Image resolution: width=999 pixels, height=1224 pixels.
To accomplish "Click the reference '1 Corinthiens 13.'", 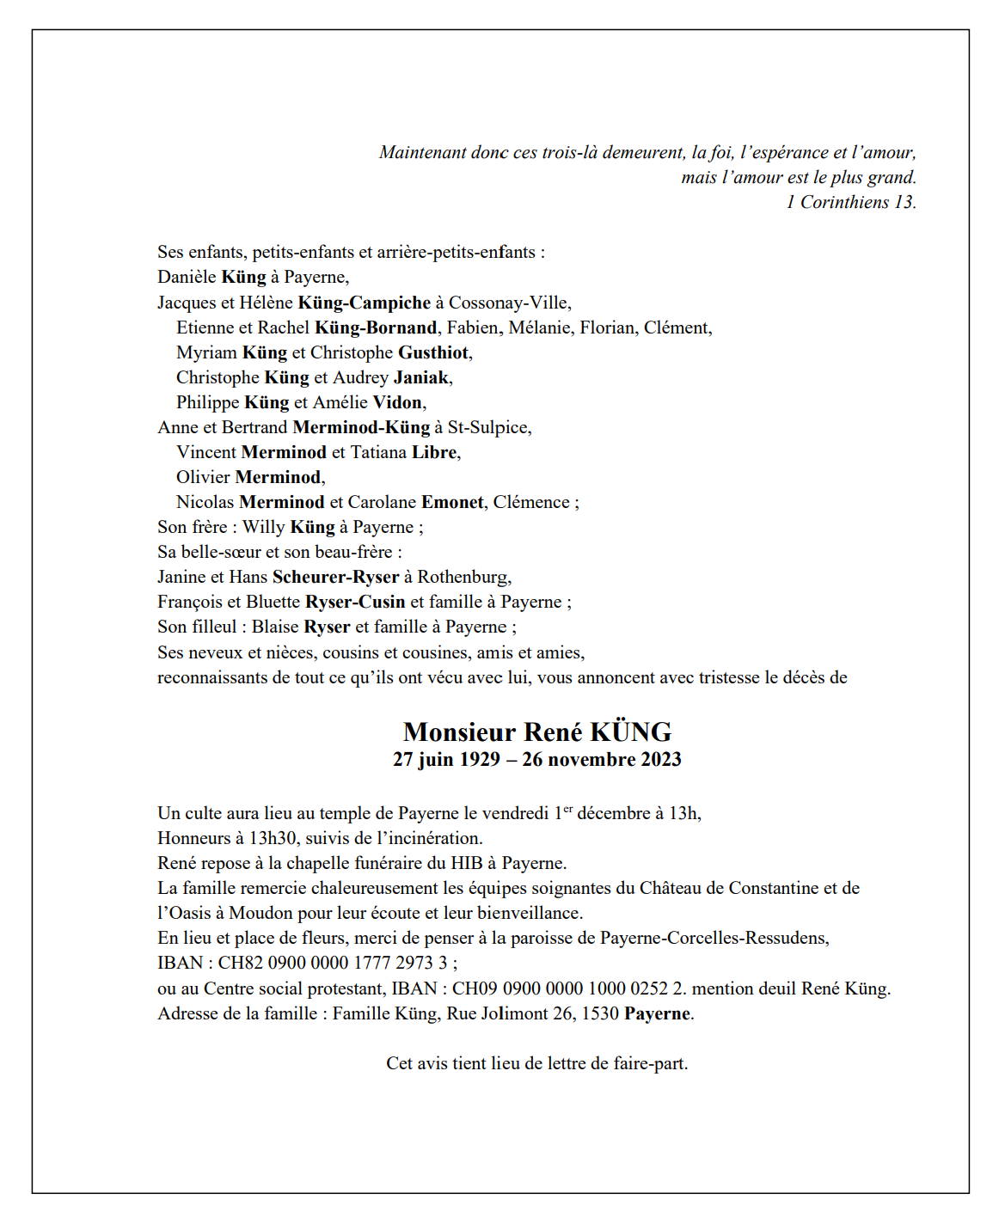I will [850, 202].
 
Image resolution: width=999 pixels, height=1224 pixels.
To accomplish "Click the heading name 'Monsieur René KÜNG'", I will [537, 731].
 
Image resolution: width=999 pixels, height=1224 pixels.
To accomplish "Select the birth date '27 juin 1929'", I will [446, 759].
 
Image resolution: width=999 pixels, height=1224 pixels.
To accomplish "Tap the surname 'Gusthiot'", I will [433, 352].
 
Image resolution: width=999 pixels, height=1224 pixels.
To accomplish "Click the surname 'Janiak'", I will [421, 377].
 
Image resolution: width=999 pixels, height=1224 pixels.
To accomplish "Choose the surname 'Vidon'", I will [397, 402].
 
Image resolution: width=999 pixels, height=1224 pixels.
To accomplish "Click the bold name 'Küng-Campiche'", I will [364, 303].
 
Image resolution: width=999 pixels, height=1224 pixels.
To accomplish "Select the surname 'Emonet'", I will [452, 502].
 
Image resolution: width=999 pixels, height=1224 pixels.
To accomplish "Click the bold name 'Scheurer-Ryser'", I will [335, 577].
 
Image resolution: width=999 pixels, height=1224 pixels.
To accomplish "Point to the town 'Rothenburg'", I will [463, 577].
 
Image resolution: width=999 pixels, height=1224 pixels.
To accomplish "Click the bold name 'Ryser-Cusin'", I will [355, 602].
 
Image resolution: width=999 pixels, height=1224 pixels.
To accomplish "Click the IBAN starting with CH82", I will [333, 963].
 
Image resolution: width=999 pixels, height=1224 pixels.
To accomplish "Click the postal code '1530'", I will [600, 1013].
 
